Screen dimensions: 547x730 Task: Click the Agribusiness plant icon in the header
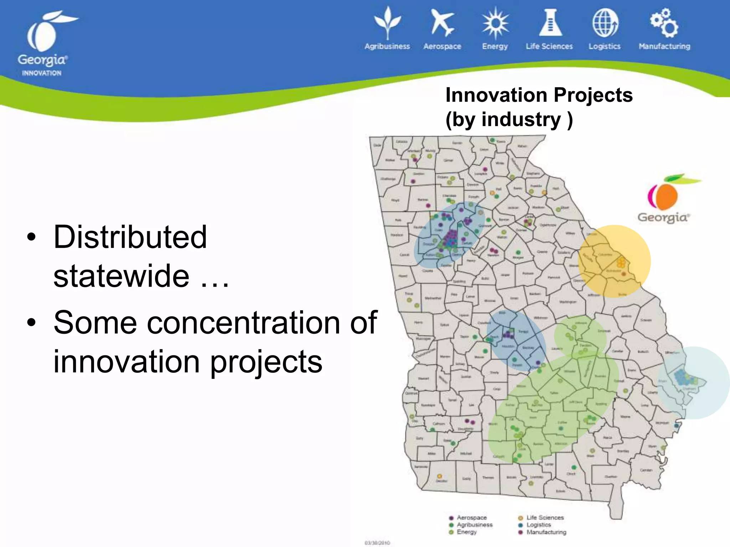coord(387,23)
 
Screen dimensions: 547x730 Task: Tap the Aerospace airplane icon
coord(442,23)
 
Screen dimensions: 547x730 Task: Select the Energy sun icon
coord(495,23)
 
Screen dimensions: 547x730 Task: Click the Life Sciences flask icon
coord(550,23)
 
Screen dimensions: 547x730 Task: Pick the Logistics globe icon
coord(605,23)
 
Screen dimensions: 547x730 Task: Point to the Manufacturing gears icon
coord(664,23)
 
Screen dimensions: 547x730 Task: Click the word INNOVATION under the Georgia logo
coord(42,73)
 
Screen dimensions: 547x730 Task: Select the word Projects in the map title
coord(593,95)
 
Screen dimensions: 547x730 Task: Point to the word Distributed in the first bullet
coord(130,237)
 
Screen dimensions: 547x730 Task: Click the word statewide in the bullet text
coord(121,276)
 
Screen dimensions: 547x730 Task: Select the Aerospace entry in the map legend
coord(471,517)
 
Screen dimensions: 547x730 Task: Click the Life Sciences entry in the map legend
coord(545,517)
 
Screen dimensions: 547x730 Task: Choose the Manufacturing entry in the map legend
coord(546,532)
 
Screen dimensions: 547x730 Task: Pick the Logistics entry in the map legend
coord(538,525)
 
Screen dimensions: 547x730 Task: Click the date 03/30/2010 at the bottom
coord(377,543)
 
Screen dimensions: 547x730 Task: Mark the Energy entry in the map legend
coord(466,532)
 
